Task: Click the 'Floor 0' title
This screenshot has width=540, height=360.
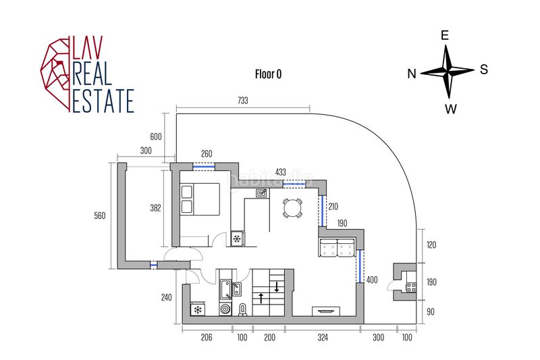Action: tap(268, 74)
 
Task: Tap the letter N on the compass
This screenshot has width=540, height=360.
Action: tap(412, 74)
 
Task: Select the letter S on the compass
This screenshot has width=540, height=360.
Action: tap(484, 70)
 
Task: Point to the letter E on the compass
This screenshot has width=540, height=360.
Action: tap(445, 35)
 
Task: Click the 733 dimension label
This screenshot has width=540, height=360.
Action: tap(243, 100)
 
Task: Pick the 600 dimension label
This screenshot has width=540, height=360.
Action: tap(156, 136)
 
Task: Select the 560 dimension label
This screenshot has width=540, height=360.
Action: tap(100, 216)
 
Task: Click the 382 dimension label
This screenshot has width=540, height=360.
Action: tap(156, 208)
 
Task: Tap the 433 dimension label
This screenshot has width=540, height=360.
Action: tap(281, 172)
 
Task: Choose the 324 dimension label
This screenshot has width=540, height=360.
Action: tap(323, 337)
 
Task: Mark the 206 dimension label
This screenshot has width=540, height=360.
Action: tap(207, 337)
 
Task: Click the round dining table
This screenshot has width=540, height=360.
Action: tap(293, 208)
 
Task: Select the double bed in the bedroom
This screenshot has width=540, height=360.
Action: tap(200, 199)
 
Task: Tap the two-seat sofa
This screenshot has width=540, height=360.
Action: tap(337, 247)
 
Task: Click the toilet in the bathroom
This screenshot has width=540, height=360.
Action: tap(243, 310)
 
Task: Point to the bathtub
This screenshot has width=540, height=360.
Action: tap(225, 290)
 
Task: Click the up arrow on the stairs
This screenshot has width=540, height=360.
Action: tap(261, 298)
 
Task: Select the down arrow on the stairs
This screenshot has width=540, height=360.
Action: tap(277, 286)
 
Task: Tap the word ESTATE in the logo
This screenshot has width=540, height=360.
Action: tap(103, 101)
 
